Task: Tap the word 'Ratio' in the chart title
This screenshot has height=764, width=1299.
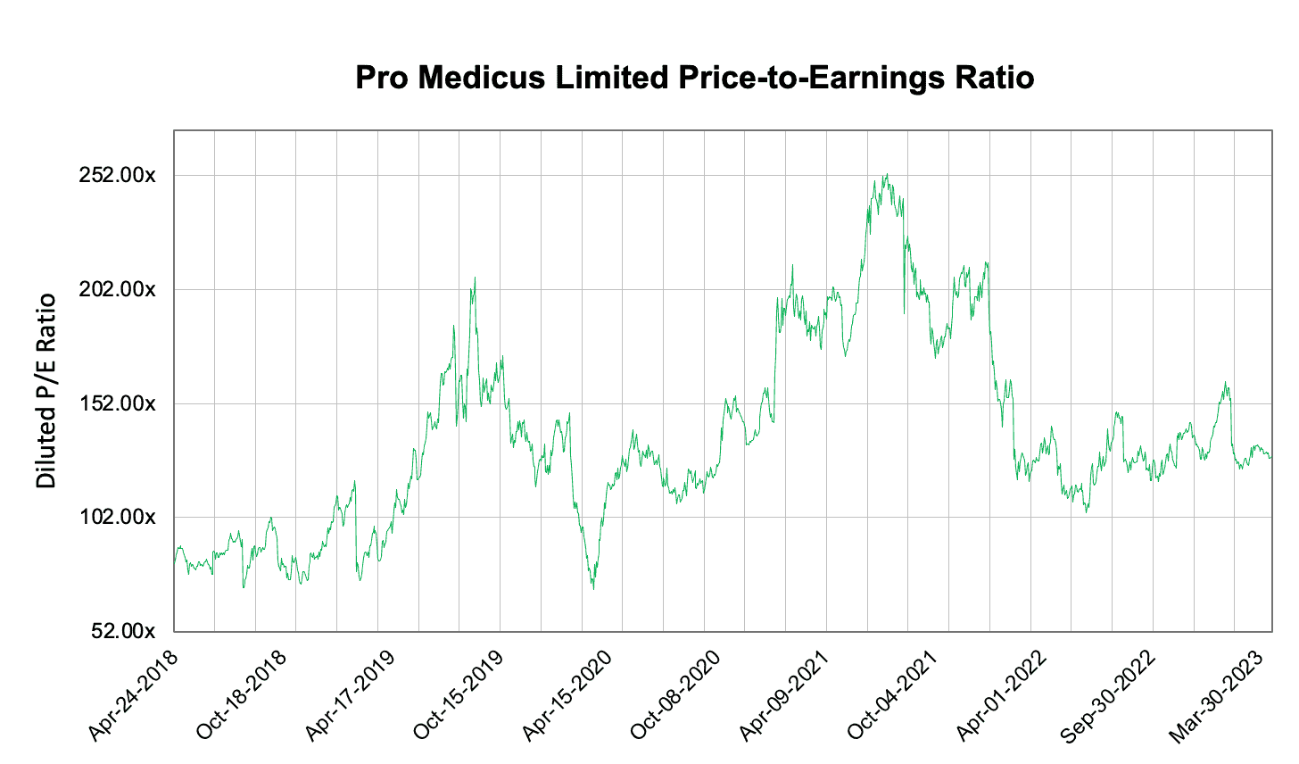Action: tap(992, 78)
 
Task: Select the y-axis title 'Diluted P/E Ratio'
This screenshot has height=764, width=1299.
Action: tap(46, 391)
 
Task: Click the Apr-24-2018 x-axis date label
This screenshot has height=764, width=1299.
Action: tap(134, 696)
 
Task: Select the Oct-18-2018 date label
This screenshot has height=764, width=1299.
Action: tap(243, 696)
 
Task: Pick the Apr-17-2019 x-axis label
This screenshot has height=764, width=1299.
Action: tap(352, 696)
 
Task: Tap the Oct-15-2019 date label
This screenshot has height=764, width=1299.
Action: tap(459, 696)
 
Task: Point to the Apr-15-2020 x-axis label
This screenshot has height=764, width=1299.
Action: tap(568, 696)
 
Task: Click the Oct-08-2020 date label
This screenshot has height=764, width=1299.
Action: tap(676, 696)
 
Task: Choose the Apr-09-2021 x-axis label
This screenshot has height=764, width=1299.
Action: tap(785, 696)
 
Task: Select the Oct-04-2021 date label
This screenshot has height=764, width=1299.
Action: tap(894, 696)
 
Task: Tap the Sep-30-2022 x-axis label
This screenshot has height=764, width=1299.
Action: tap(1110, 696)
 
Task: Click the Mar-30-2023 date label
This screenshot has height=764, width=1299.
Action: tap(1219, 696)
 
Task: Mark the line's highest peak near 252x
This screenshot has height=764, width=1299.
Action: tap(885, 175)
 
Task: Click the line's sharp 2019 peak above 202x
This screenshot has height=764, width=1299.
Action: tap(475, 278)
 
